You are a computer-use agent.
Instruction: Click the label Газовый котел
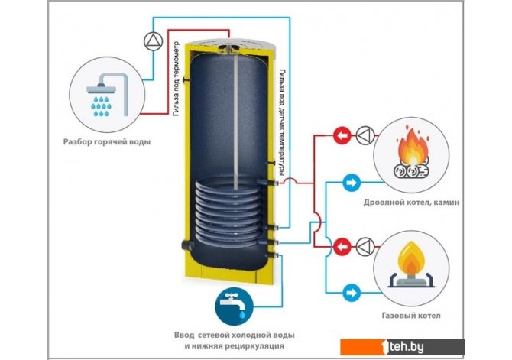click(x=408, y=315)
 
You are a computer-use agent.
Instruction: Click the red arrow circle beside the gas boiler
click(x=343, y=246)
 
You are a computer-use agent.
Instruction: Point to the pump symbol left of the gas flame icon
click(x=367, y=246)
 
